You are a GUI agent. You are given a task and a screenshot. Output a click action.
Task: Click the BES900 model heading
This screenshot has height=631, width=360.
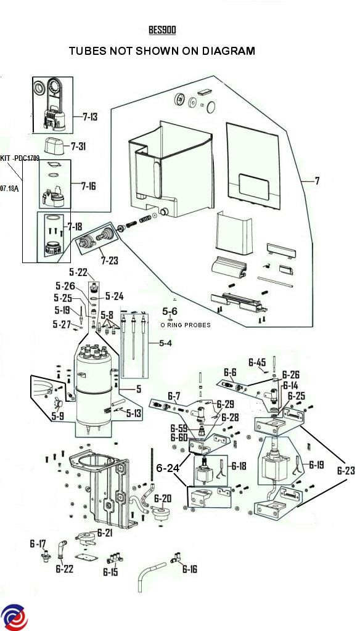pos(162,30)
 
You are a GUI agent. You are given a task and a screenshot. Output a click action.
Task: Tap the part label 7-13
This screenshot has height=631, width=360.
pos(90,117)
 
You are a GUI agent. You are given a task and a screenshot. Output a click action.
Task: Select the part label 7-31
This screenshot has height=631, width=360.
pos(78,147)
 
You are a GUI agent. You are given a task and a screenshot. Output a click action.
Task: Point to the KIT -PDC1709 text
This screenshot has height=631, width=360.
pos(20,158)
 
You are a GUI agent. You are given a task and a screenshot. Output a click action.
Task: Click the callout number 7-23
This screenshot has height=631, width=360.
pos(110,261)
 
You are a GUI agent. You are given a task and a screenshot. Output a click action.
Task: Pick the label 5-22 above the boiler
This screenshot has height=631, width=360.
pos(78,272)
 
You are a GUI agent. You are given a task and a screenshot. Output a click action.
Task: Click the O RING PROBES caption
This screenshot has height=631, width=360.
pos(185,325)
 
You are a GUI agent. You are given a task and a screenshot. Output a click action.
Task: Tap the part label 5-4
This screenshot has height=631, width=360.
pos(165,343)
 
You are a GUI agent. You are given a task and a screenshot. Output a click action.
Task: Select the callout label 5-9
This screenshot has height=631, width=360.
pos(57,417)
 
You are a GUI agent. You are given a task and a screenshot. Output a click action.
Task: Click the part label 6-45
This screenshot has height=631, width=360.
pos(257,362)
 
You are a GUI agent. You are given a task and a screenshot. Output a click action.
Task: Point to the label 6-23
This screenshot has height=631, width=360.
pos(346,470)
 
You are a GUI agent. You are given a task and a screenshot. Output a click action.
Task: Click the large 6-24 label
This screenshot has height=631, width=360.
pos(168,468)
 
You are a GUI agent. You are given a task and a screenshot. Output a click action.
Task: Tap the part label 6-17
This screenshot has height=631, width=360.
pos(38,544)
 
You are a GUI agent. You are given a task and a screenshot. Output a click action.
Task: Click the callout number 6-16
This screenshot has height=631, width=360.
pos(190,569)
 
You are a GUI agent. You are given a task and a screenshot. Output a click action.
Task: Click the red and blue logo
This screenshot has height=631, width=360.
pos(14,617)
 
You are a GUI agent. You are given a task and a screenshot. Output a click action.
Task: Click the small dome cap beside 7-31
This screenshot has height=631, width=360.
pos(55,145)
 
